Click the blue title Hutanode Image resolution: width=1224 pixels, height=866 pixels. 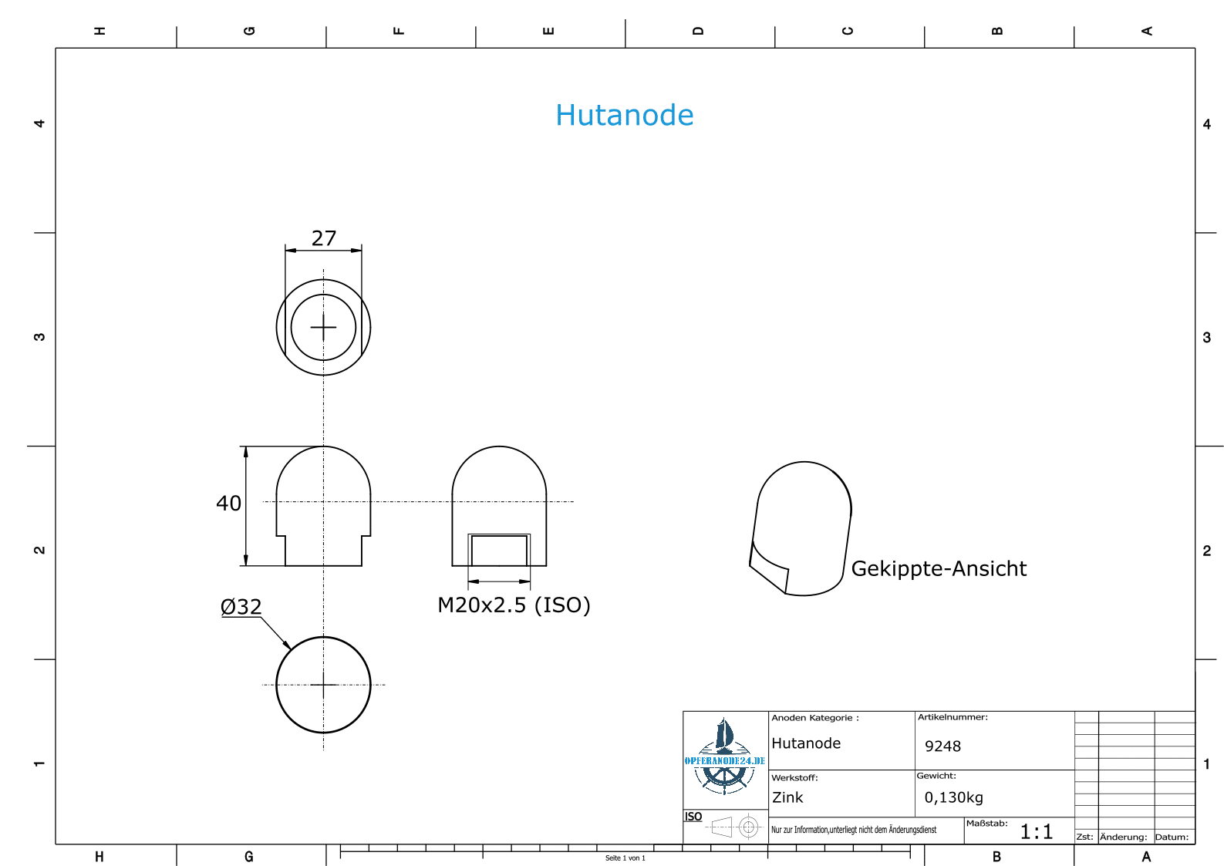[625, 115]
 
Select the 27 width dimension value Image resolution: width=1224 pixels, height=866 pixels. [323, 238]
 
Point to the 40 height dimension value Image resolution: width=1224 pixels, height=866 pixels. [228, 504]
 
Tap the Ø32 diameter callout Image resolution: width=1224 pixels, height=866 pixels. [241, 606]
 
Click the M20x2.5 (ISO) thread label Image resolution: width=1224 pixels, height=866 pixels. [514, 605]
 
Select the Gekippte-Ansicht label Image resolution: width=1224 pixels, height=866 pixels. [939, 569]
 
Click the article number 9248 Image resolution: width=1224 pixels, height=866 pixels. [942, 746]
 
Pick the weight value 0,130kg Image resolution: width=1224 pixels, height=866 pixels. [953, 797]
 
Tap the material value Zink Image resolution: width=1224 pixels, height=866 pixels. [787, 797]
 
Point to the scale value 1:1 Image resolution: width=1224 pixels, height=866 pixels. [1036, 831]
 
